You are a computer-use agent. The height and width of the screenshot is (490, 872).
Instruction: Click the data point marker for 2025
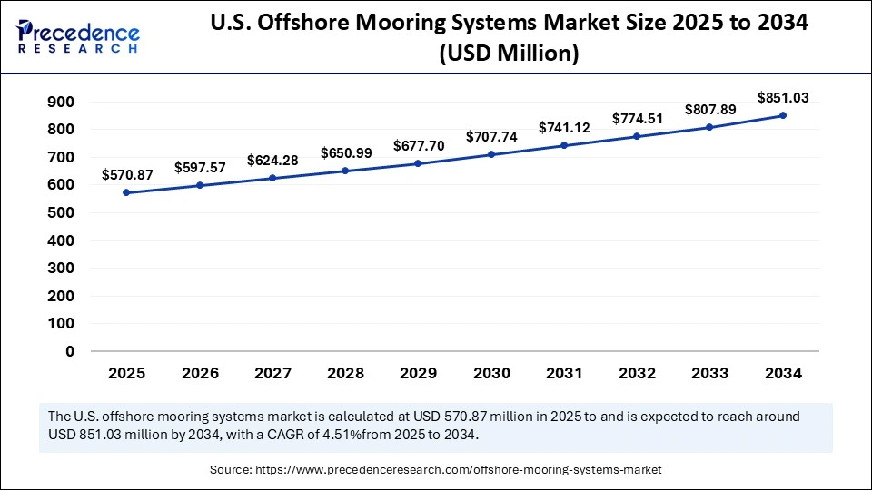[126, 192]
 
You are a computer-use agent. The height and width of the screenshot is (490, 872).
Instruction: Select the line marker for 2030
[491, 154]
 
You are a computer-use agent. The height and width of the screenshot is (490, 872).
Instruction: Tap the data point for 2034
[783, 115]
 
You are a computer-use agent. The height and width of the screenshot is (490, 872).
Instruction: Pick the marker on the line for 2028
[345, 171]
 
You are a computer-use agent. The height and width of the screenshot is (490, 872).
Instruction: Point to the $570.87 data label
[127, 174]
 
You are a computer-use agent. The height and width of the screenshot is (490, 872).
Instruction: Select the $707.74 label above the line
[491, 136]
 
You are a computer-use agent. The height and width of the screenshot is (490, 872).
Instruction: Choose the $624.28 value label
[272, 160]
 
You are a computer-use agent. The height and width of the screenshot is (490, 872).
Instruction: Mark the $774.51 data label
[638, 118]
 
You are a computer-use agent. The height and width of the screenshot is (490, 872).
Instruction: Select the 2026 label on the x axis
[200, 373]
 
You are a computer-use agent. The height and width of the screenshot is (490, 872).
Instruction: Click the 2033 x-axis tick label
[710, 373]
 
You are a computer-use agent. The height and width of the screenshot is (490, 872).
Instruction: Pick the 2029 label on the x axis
[419, 373]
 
